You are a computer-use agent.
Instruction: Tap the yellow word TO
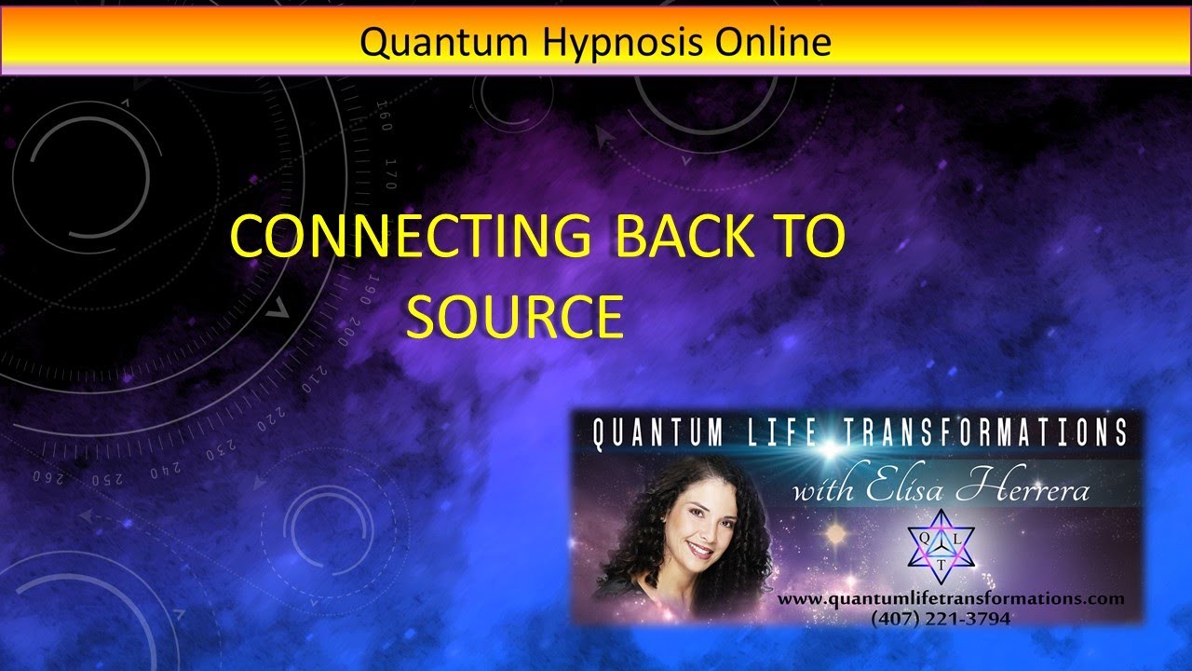pos(811,237)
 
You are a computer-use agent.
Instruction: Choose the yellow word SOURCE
pos(514,317)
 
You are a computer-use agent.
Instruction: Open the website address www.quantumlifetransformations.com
pos(951,599)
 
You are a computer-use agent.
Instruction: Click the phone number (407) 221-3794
pos(941,617)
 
